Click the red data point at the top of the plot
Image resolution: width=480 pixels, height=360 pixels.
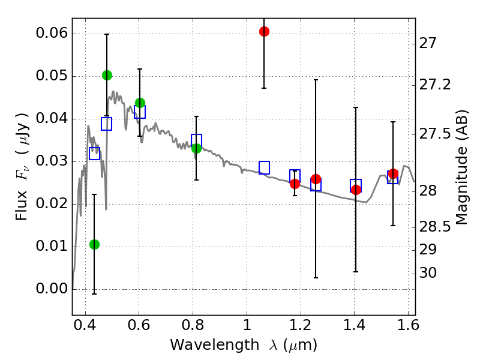point(264,31)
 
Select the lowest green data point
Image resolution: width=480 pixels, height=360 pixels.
point(94,244)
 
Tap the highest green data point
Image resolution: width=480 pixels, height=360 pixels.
point(107,75)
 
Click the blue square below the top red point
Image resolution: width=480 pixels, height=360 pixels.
point(264,167)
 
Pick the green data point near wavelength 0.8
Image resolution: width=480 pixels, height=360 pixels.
point(196,148)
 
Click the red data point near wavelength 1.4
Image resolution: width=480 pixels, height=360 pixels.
point(356,190)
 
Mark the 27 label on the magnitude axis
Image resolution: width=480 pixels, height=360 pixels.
point(429,43)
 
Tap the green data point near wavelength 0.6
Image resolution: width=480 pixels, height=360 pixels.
point(140,103)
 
